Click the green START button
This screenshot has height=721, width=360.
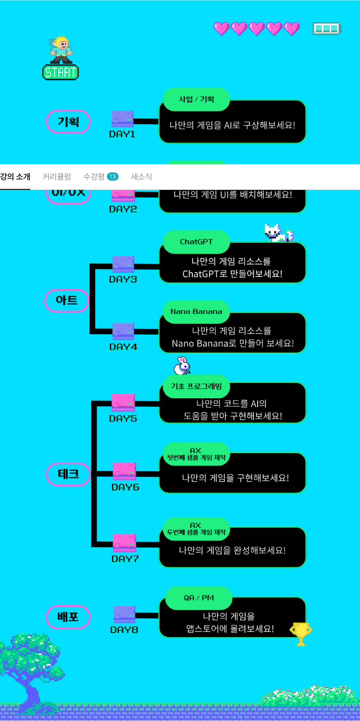pos(60,72)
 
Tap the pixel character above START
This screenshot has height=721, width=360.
pos(60,49)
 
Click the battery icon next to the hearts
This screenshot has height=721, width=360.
pos(327,28)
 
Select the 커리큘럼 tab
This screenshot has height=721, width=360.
pos(57,177)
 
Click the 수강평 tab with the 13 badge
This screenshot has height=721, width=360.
pos(100,177)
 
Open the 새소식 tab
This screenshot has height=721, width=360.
pos(141,177)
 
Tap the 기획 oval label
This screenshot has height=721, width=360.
pos(68,122)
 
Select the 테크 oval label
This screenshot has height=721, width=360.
pos(68,474)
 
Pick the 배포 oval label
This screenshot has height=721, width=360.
pos(68,617)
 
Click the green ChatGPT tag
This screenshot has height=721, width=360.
pos(196,241)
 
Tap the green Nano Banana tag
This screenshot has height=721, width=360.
pos(196,311)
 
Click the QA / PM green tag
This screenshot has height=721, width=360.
pos(199,597)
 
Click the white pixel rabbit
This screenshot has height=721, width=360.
pos(181,366)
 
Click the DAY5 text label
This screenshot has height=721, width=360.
pos(123,418)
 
